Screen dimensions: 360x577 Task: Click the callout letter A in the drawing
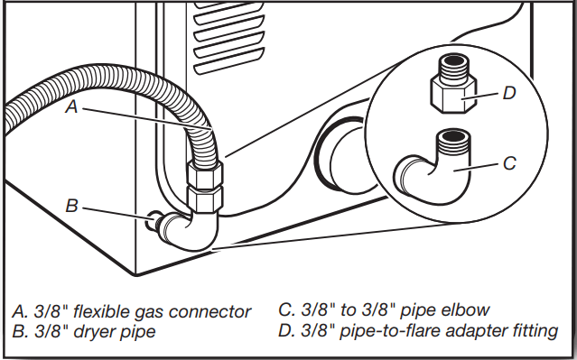tap(72, 106)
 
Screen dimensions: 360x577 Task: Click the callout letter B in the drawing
tap(71, 206)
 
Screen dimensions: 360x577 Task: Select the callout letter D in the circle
tap(509, 92)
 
